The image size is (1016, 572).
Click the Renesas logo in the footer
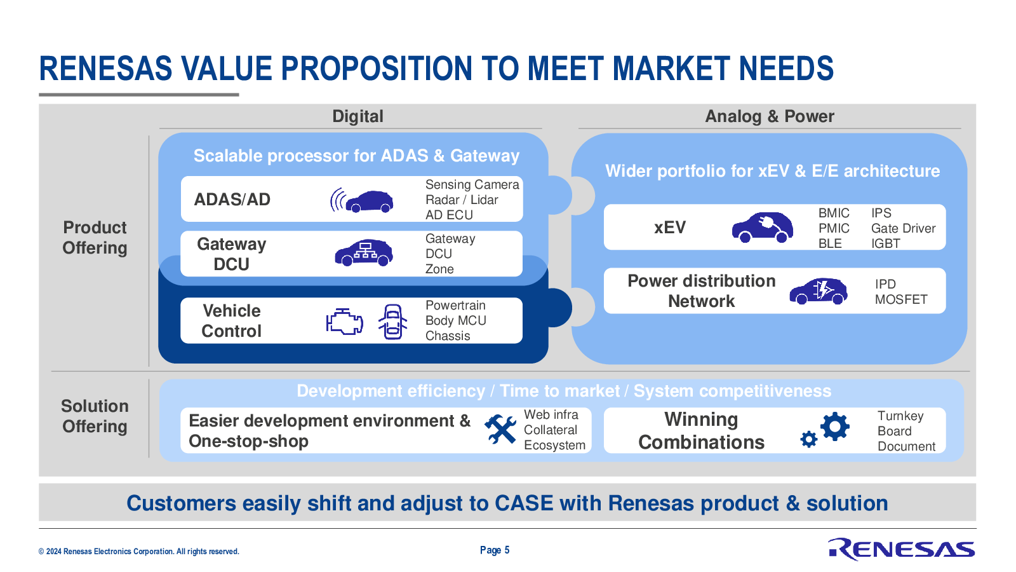coord(901,549)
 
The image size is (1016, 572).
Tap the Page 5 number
coord(495,550)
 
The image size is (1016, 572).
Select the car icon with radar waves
coord(362,200)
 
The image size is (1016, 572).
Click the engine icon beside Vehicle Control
coord(345,322)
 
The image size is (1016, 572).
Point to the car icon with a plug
coord(763,227)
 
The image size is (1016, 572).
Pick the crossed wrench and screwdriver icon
coord(500,428)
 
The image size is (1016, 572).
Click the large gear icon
coord(835,426)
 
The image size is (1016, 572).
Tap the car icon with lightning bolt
coord(819,291)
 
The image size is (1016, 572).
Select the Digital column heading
coord(358,116)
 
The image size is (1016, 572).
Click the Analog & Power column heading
coord(769,116)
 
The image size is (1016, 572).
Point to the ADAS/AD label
coord(232,200)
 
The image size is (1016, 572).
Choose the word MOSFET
coord(901,299)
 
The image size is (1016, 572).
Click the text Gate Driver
coord(903,228)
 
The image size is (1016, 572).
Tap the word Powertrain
coord(455,305)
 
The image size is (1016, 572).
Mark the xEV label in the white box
coord(669,228)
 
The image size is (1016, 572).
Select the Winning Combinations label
coord(701,430)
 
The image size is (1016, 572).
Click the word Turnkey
coord(900,416)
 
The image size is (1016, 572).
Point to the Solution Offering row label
coord(95,416)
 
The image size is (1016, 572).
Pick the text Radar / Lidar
coord(462,200)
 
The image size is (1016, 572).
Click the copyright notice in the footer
coord(139,552)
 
